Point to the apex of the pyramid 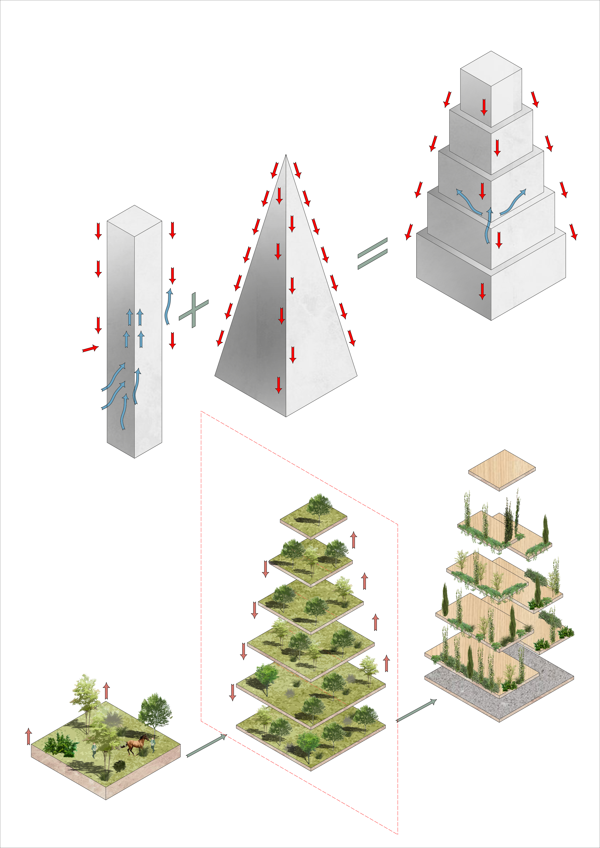coord(286,156)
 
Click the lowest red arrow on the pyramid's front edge coord(279,385)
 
